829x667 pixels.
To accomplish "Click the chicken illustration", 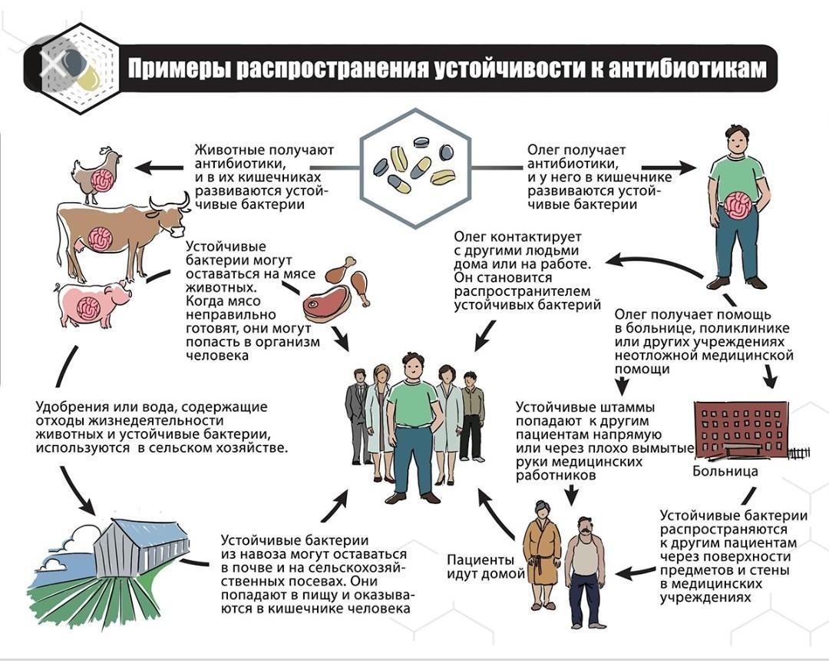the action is point(97,174).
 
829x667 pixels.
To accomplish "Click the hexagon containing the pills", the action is point(415,168).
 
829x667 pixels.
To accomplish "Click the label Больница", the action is point(725,470).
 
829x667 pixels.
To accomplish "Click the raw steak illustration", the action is point(327,304).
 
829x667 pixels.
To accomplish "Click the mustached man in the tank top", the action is point(585,572).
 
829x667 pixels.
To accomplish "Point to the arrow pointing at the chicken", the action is point(159,168).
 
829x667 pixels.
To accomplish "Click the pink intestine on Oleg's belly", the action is point(738,206).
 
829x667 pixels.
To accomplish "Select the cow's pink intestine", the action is point(100,238).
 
